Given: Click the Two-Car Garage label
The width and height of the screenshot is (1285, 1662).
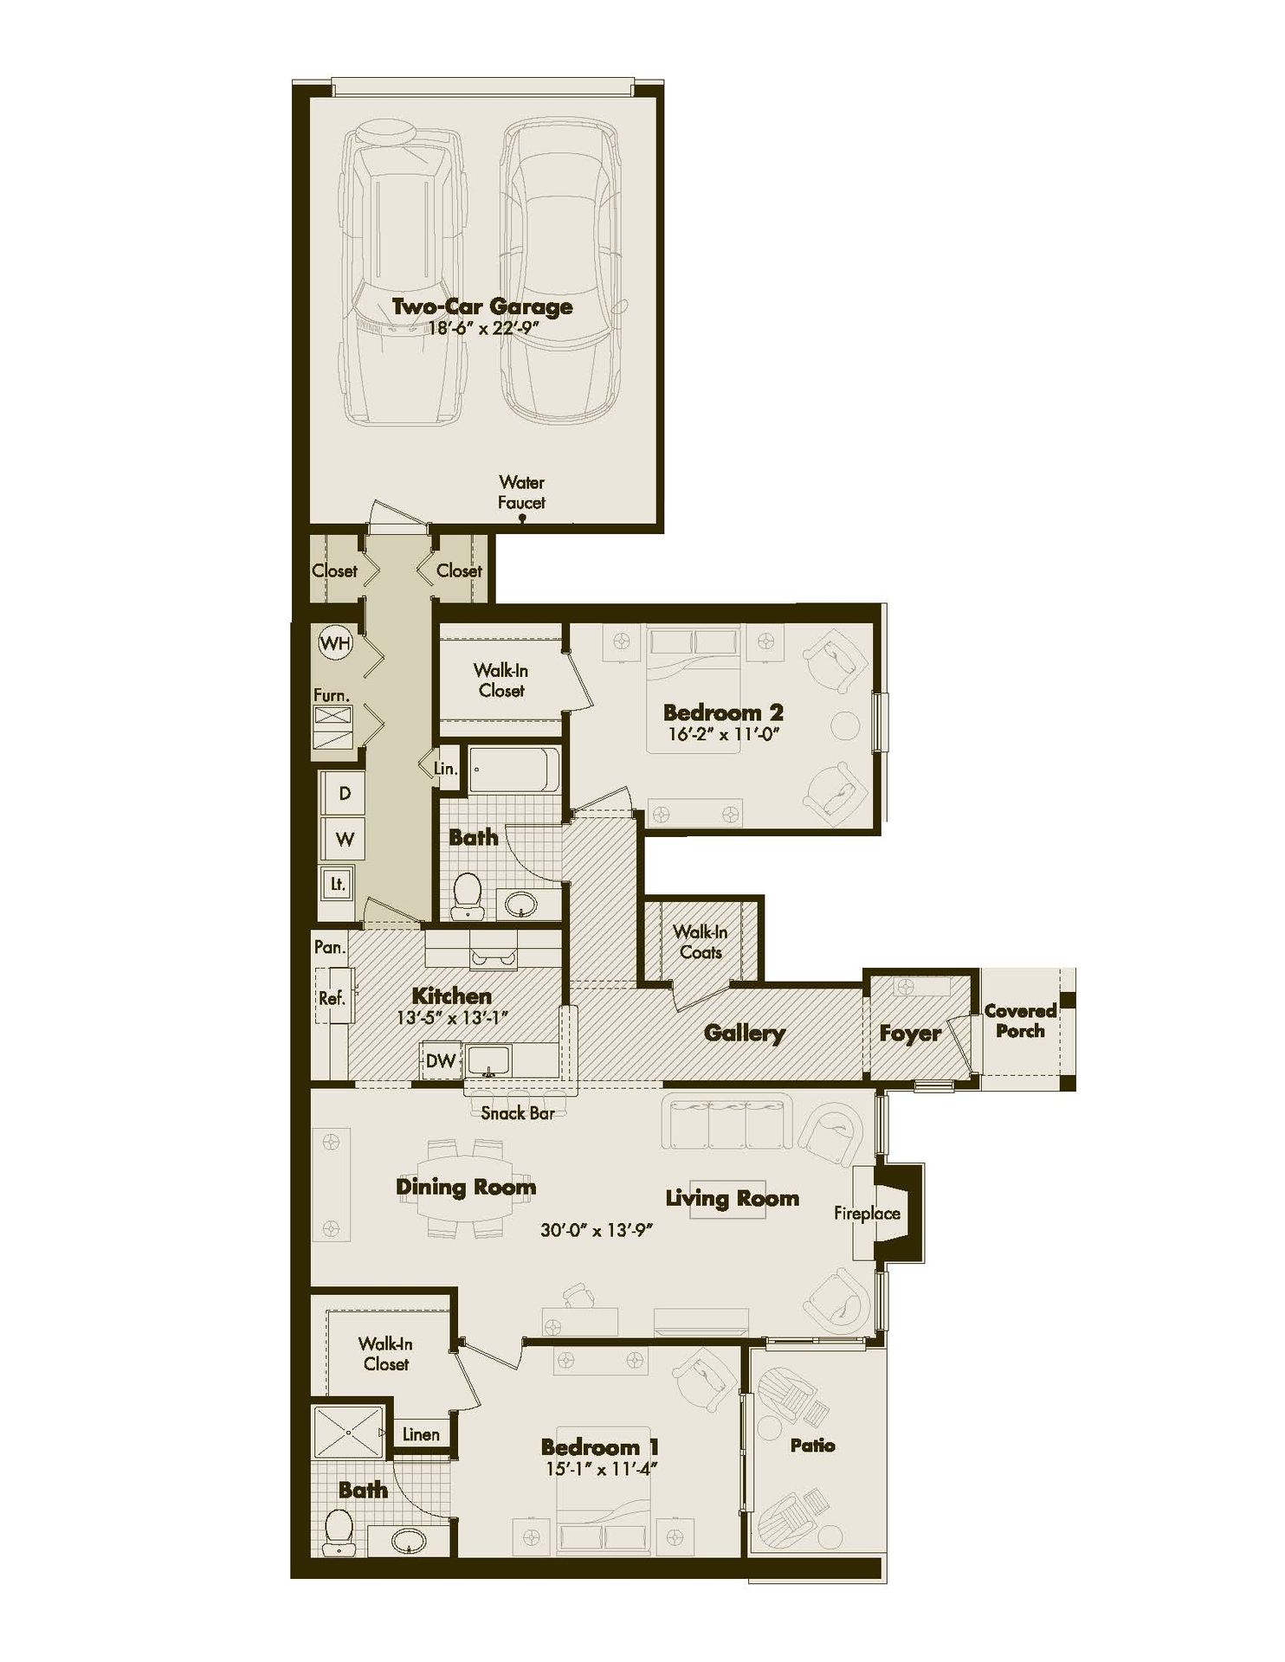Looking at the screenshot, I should pos(481,306).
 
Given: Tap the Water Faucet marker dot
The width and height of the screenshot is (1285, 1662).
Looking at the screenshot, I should pos(522,519).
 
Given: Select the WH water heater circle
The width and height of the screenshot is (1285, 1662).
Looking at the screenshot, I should pos(335,643).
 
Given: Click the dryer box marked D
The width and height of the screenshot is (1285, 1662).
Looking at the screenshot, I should pos(345,793).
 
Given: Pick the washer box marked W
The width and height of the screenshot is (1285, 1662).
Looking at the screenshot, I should pos(345,839).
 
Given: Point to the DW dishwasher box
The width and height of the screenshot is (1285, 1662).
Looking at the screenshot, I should pos(440,1060).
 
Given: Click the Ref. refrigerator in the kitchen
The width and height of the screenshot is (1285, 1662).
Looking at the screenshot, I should pos(333,998).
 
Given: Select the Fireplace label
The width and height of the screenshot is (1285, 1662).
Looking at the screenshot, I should pos(867,1214).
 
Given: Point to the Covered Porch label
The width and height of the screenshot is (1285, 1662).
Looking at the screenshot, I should pos(1020,1021).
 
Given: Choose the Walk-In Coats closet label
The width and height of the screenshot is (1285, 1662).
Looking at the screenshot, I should pos(701,942).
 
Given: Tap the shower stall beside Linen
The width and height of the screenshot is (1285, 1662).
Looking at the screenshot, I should pos(347,1433).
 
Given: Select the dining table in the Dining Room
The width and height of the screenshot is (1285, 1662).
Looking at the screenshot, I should pos(465,1189).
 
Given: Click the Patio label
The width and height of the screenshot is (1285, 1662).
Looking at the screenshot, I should pos(812,1445).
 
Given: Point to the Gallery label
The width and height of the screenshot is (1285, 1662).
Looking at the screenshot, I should pos(744,1033).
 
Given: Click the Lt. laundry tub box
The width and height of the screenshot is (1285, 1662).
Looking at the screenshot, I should pos(337,884).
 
